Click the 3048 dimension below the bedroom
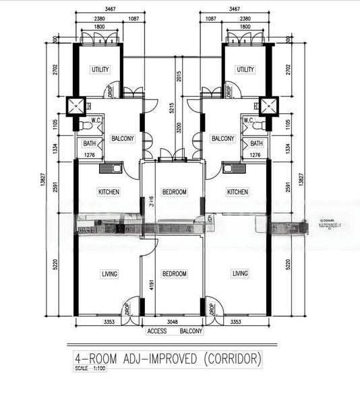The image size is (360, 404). pos(173,322)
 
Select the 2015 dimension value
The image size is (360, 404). pos(179,76)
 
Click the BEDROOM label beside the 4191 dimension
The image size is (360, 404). pos(174,273)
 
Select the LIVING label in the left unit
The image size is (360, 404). pos(109,273)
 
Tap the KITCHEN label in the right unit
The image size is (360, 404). pos(237,192)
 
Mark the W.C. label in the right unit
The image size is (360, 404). pos(248,121)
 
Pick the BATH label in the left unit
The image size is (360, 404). pos(89,143)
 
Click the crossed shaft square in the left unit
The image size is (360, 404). pos(76,105)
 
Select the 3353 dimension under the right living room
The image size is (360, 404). pos(236,322)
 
